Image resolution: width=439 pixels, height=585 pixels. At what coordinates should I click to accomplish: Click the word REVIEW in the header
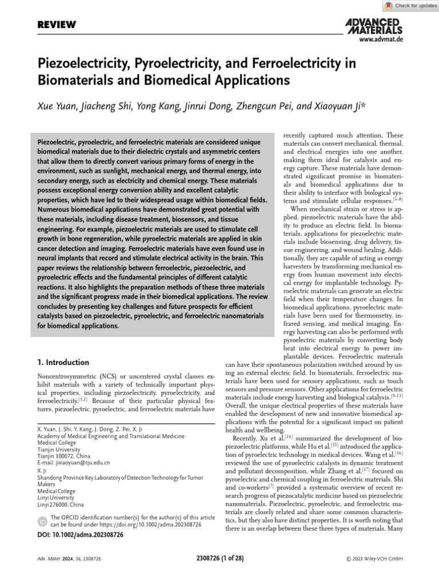(57, 25)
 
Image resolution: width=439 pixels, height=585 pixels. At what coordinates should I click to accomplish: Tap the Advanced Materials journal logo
(374, 26)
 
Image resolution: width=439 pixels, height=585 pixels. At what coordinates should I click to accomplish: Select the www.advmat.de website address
(381, 40)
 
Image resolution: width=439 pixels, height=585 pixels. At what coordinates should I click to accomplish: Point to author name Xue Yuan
(60, 106)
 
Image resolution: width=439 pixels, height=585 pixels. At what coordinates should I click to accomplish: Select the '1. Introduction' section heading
(63, 362)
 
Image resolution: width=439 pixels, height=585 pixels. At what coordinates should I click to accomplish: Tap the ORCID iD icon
(42, 522)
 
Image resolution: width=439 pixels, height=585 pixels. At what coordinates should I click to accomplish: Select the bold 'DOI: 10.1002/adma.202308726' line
(81, 535)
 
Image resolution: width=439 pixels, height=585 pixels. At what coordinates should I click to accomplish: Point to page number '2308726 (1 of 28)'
(219, 558)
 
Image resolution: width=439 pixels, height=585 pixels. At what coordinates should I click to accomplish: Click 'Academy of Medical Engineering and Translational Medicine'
(111, 436)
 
